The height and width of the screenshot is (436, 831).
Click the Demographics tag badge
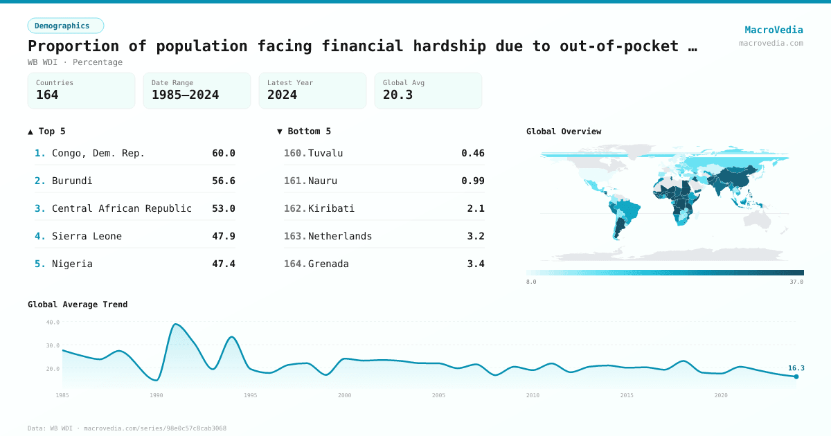coord(65,26)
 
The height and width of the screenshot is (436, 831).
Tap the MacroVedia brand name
coord(774,30)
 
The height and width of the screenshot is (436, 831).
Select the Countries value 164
coord(47,95)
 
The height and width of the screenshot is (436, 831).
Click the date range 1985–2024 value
coord(185,95)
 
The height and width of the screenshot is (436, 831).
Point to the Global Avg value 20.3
coord(397,95)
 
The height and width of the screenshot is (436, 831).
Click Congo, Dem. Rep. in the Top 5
coord(98,153)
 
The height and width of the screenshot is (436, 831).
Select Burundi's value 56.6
coord(224,181)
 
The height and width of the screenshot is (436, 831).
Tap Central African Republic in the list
coord(122,208)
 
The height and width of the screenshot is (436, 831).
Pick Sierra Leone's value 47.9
coord(224,236)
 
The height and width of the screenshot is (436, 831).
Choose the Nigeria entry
coord(72,264)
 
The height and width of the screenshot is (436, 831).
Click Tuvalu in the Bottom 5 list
coord(325,153)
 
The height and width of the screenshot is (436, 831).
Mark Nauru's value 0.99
coord(473,181)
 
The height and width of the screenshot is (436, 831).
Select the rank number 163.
coord(295,236)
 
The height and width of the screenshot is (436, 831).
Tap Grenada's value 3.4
coord(476,264)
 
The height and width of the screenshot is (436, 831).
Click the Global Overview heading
coord(564,131)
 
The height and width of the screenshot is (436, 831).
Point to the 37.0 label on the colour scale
coord(796,282)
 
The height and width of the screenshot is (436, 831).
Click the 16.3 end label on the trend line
coord(796,368)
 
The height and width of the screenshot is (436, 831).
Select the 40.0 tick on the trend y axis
coord(53,322)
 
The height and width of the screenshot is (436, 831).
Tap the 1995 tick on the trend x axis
coord(250,395)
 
